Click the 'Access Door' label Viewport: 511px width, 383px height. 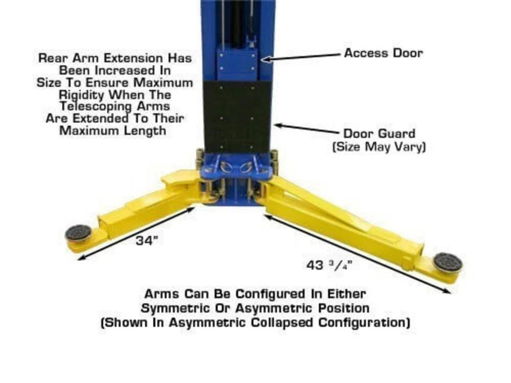click(x=383, y=53)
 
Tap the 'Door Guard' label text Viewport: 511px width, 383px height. click(x=380, y=134)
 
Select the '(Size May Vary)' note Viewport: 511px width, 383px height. click(x=379, y=147)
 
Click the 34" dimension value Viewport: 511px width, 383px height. click(x=147, y=240)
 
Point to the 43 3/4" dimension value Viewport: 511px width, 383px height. click(x=329, y=265)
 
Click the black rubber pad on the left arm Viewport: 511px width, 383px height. click(x=78, y=233)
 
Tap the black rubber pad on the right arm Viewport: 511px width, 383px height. click(x=448, y=262)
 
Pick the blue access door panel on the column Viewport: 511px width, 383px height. click(x=236, y=64)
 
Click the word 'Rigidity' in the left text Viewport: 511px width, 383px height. click(x=82, y=95)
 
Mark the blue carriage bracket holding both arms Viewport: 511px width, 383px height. click(x=236, y=166)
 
